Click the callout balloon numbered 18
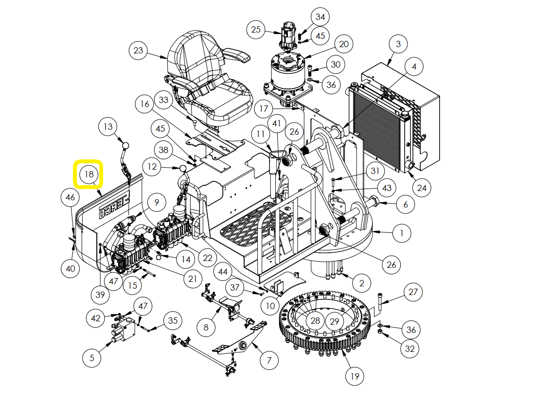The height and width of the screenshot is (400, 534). (89, 174)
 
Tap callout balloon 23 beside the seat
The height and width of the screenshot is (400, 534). (138, 51)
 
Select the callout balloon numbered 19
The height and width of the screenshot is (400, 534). (355, 376)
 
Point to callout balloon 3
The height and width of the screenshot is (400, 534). (398, 44)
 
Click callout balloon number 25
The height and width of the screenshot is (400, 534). (256, 29)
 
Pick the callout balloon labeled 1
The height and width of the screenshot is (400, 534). (402, 233)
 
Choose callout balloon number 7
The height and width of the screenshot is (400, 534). (269, 360)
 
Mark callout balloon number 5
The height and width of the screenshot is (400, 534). (92, 358)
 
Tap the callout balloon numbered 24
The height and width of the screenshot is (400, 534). (422, 188)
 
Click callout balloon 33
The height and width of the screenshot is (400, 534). (163, 100)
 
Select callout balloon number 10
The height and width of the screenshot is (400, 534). (270, 306)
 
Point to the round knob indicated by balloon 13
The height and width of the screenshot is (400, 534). (125, 146)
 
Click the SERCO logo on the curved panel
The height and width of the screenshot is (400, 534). (114, 208)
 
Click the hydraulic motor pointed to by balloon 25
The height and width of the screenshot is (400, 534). (288, 36)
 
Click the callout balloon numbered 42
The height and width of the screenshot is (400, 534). (95, 318)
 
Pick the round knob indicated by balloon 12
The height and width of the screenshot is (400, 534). (183, 169)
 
